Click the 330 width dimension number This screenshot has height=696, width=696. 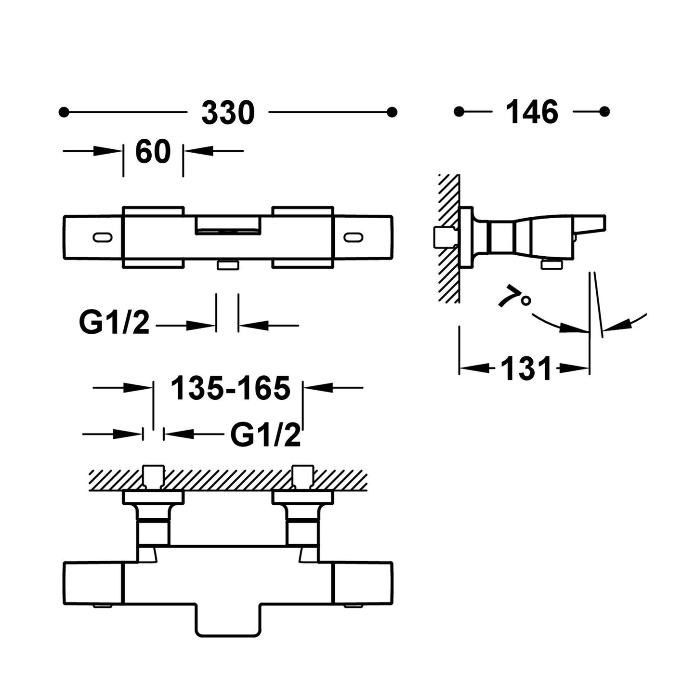click(x=228, y=113)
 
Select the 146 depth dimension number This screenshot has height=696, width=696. click(x=532, y=112)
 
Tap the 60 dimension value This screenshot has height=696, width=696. click(x=153, y=151)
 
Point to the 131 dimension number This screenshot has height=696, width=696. click(x=526, y=369)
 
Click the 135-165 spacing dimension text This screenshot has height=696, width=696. click(x=231, y=388)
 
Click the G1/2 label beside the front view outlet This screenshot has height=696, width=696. click(x=115, y=323)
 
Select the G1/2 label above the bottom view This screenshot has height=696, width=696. click(x=265, y=435)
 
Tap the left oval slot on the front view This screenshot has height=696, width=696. click(x=102, y=237)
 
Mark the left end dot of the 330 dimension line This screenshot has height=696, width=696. click(x=63, y=112)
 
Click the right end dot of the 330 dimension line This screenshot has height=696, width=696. click(x=392, y=112)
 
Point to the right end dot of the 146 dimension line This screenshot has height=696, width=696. click(x=605, y=112)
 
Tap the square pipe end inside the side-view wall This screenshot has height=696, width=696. click(x=444, y=237)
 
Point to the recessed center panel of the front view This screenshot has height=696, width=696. click(x=228, y=224)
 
